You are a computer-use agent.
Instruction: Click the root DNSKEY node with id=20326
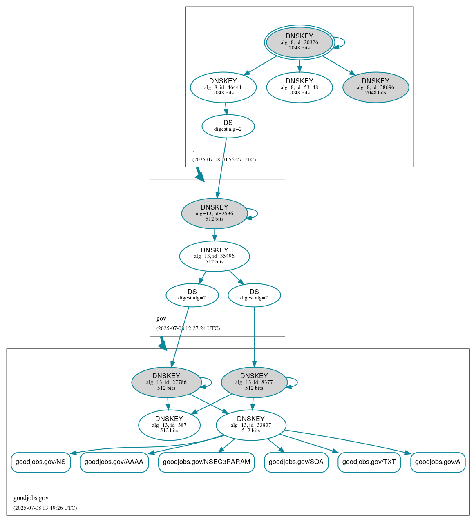click(299, 42)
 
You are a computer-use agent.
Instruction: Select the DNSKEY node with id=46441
click(223, 87)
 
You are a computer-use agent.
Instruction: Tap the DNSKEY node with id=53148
click(299, 87)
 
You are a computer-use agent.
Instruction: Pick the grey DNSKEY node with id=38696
click(375, 87)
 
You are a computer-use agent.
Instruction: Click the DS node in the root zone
click(228, 126)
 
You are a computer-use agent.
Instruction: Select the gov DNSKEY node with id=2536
click(214, 213)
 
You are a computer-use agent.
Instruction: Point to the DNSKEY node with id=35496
click(214, 256)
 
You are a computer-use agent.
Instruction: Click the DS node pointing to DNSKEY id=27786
click(192, 295)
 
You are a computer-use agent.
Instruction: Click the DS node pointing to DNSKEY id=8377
click(254, 295)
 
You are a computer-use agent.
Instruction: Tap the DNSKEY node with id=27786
click(166, 382)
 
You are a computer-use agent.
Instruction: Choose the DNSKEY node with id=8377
click(254, 382)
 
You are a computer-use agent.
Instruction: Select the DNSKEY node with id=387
click(169, 425)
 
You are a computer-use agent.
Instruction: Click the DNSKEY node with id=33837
click(251, 425)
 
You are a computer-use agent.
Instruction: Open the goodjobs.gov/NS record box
click(40, 462)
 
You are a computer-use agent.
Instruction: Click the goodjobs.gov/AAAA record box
click(114, 462)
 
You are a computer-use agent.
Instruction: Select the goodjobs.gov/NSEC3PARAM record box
click(206, 462)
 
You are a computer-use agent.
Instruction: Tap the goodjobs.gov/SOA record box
click(296, 462)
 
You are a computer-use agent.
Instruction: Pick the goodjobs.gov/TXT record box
click(369, 462)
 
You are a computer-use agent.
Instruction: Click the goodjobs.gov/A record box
click(438, 462)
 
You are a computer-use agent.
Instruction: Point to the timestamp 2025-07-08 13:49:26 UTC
click(45, 508)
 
